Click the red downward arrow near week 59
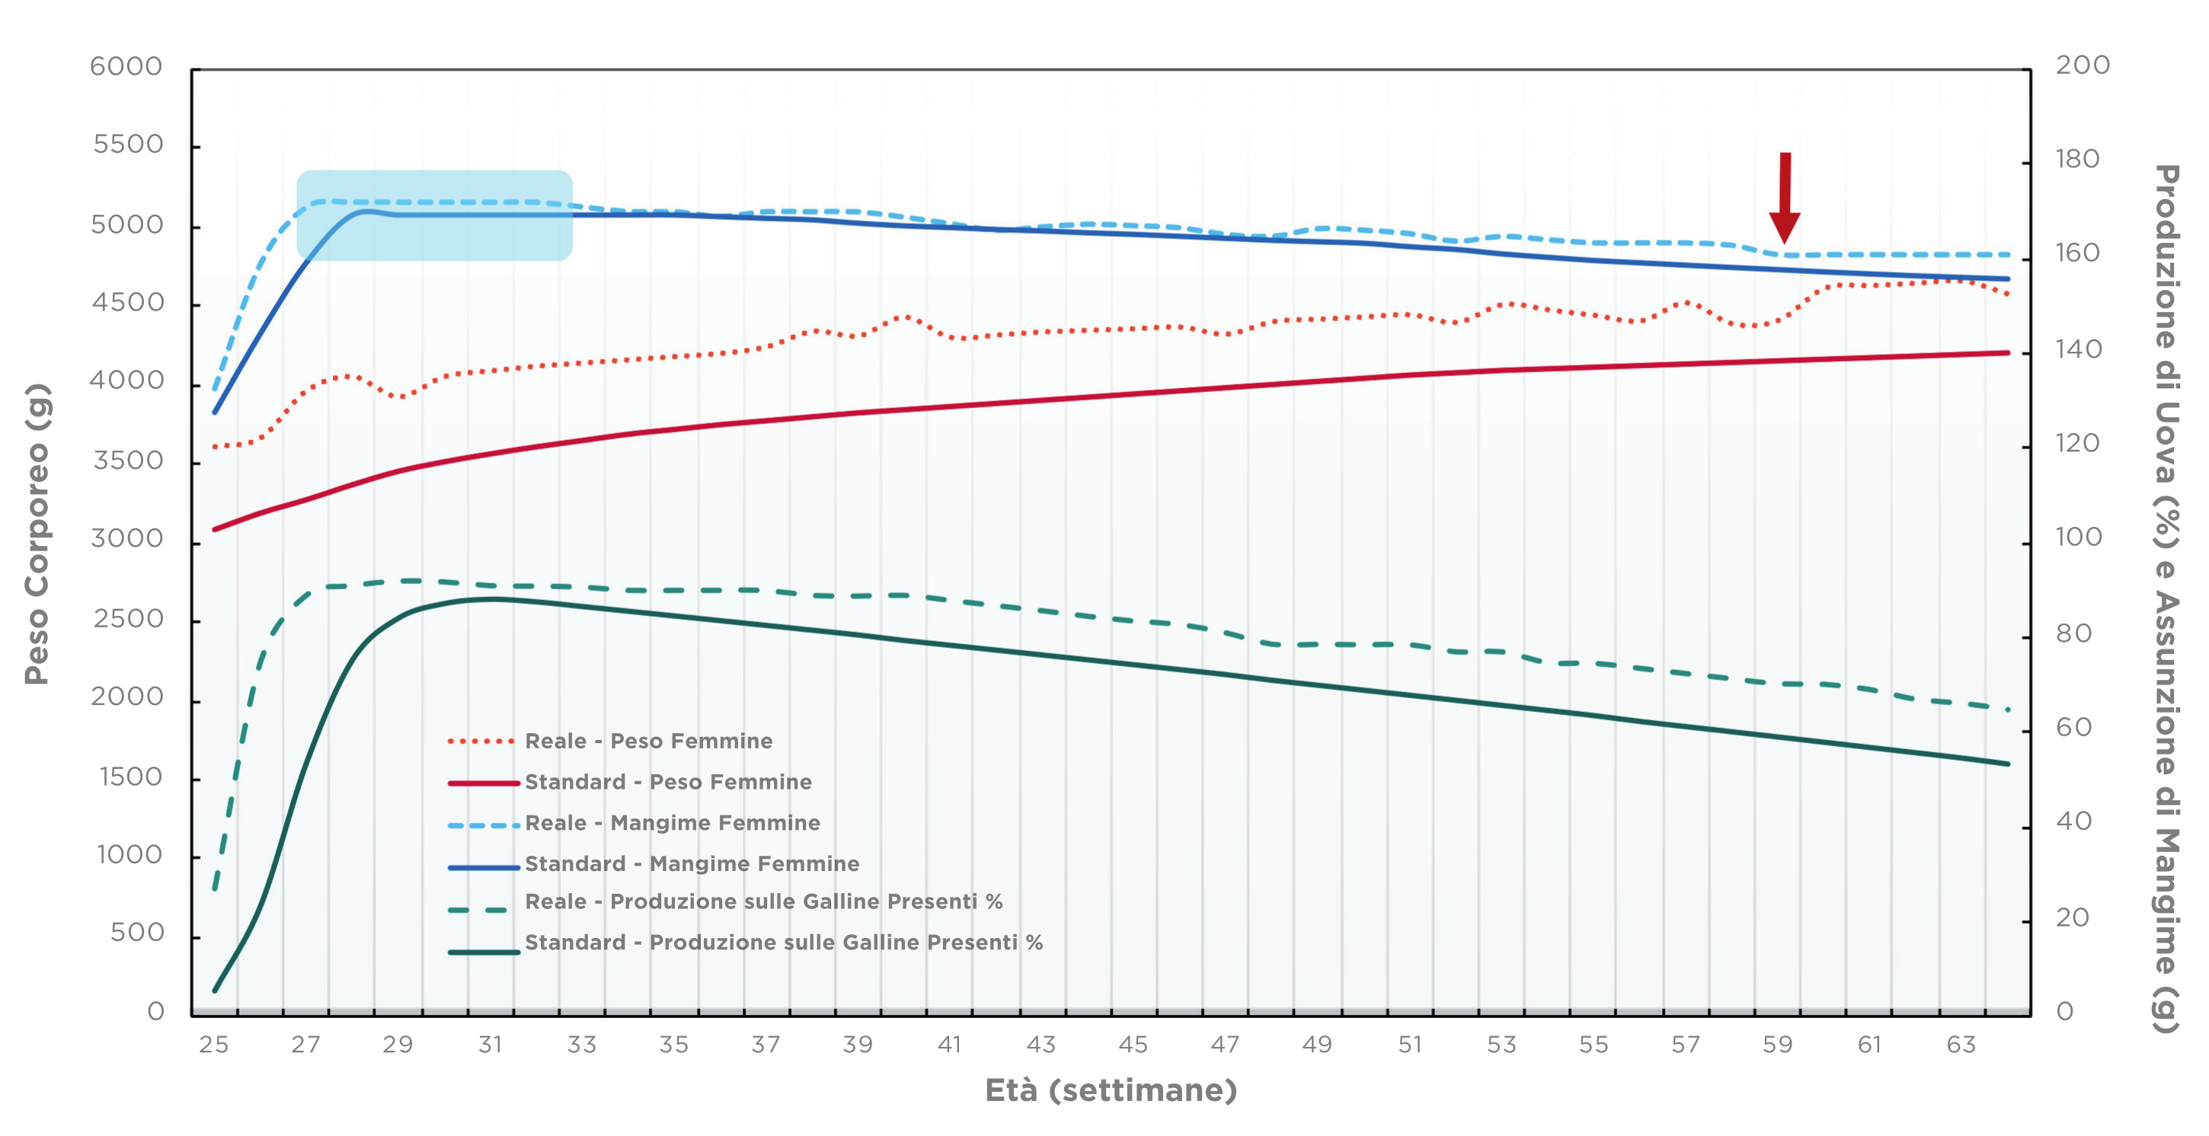1784,198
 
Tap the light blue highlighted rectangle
434,215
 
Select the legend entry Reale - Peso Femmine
648,741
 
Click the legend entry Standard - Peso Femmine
668,782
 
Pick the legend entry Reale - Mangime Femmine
673,823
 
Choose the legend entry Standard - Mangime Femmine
692,864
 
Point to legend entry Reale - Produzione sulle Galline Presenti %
763,902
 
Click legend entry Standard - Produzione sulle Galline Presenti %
784,943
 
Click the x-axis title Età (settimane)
1111,1090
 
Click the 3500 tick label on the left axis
128,461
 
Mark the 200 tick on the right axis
2082,65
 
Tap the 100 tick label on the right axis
2079,538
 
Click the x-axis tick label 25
213,1045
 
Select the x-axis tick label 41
949,1045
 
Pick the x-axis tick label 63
1961,1045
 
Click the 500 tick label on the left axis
137,933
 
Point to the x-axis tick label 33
581,1045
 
